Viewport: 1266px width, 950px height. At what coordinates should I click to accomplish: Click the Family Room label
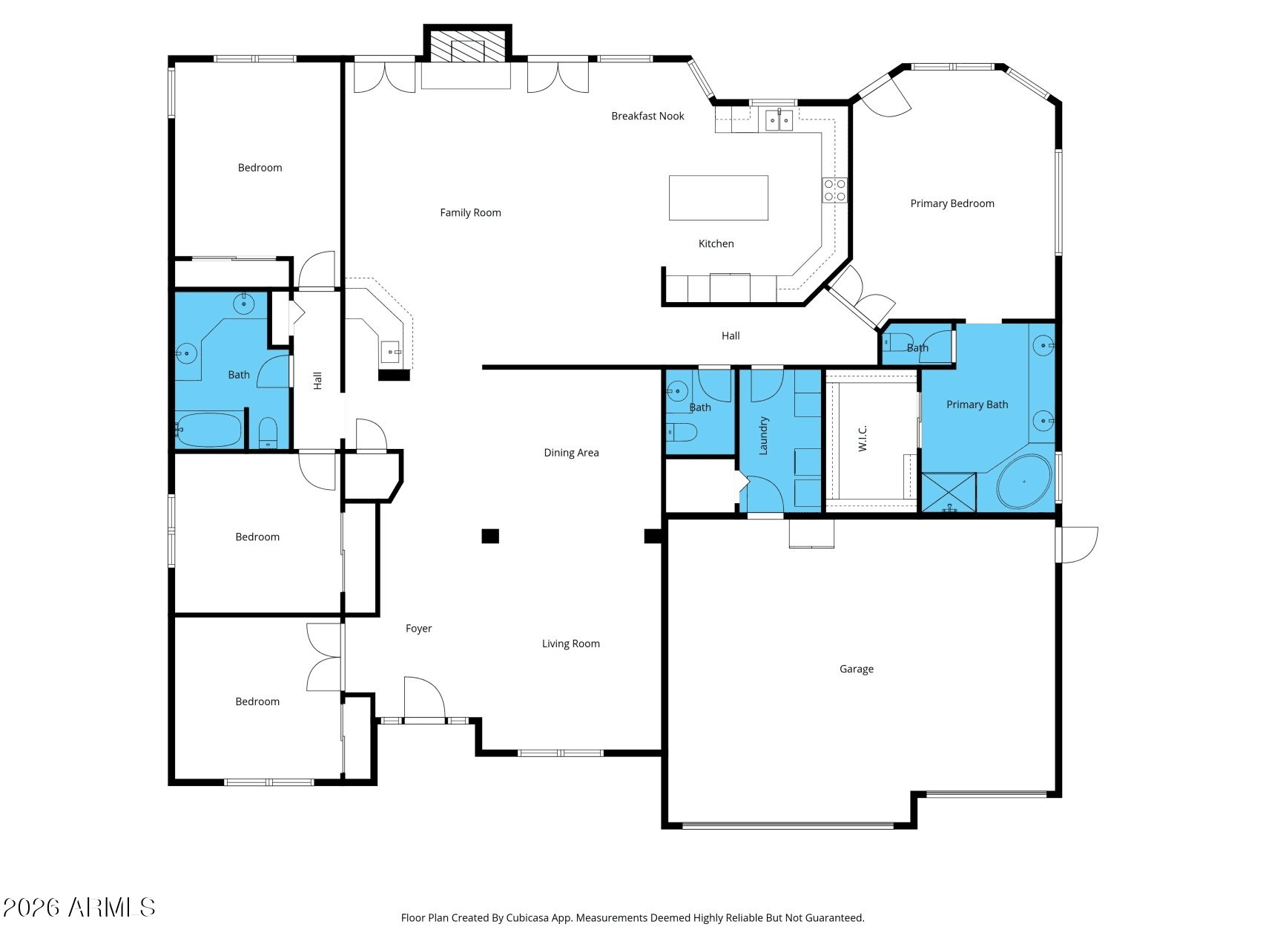(x=470, y=213)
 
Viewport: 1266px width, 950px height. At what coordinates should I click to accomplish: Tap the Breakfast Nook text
(x=647, y=116)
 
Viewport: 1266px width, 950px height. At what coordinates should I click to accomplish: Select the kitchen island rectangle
(x=718, y=197)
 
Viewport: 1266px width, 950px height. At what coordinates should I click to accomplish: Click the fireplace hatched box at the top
(x=467, y=46)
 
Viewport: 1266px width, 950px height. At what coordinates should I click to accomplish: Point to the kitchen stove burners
(x=834, y=190)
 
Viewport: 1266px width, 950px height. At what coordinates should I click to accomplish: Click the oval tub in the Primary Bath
(x=1024, y=481)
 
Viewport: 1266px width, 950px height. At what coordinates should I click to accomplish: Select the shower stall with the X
(x=949, y=492)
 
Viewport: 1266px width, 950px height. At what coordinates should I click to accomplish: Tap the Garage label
(x=856, y=669)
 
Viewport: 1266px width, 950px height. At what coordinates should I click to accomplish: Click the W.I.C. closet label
(x=863, y=439)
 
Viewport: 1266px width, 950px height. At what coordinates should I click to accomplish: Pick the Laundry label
(x=763, y=435)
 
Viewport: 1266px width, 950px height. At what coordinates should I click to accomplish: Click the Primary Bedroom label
(x=952, y=203)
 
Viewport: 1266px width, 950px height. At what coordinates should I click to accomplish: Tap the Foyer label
(x=418, y=629)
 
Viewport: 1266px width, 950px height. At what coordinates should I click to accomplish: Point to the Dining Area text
(x=571, y=453)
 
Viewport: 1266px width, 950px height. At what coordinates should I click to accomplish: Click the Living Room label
(x=571, y=643)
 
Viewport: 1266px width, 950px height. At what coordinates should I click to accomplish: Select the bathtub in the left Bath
(x=209, y=429)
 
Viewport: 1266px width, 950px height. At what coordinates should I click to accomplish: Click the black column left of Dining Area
(x=490, y=536)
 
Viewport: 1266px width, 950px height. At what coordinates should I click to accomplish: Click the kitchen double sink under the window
(x=779, y=119)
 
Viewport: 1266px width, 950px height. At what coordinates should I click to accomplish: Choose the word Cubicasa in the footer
(x=528, y=918)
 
